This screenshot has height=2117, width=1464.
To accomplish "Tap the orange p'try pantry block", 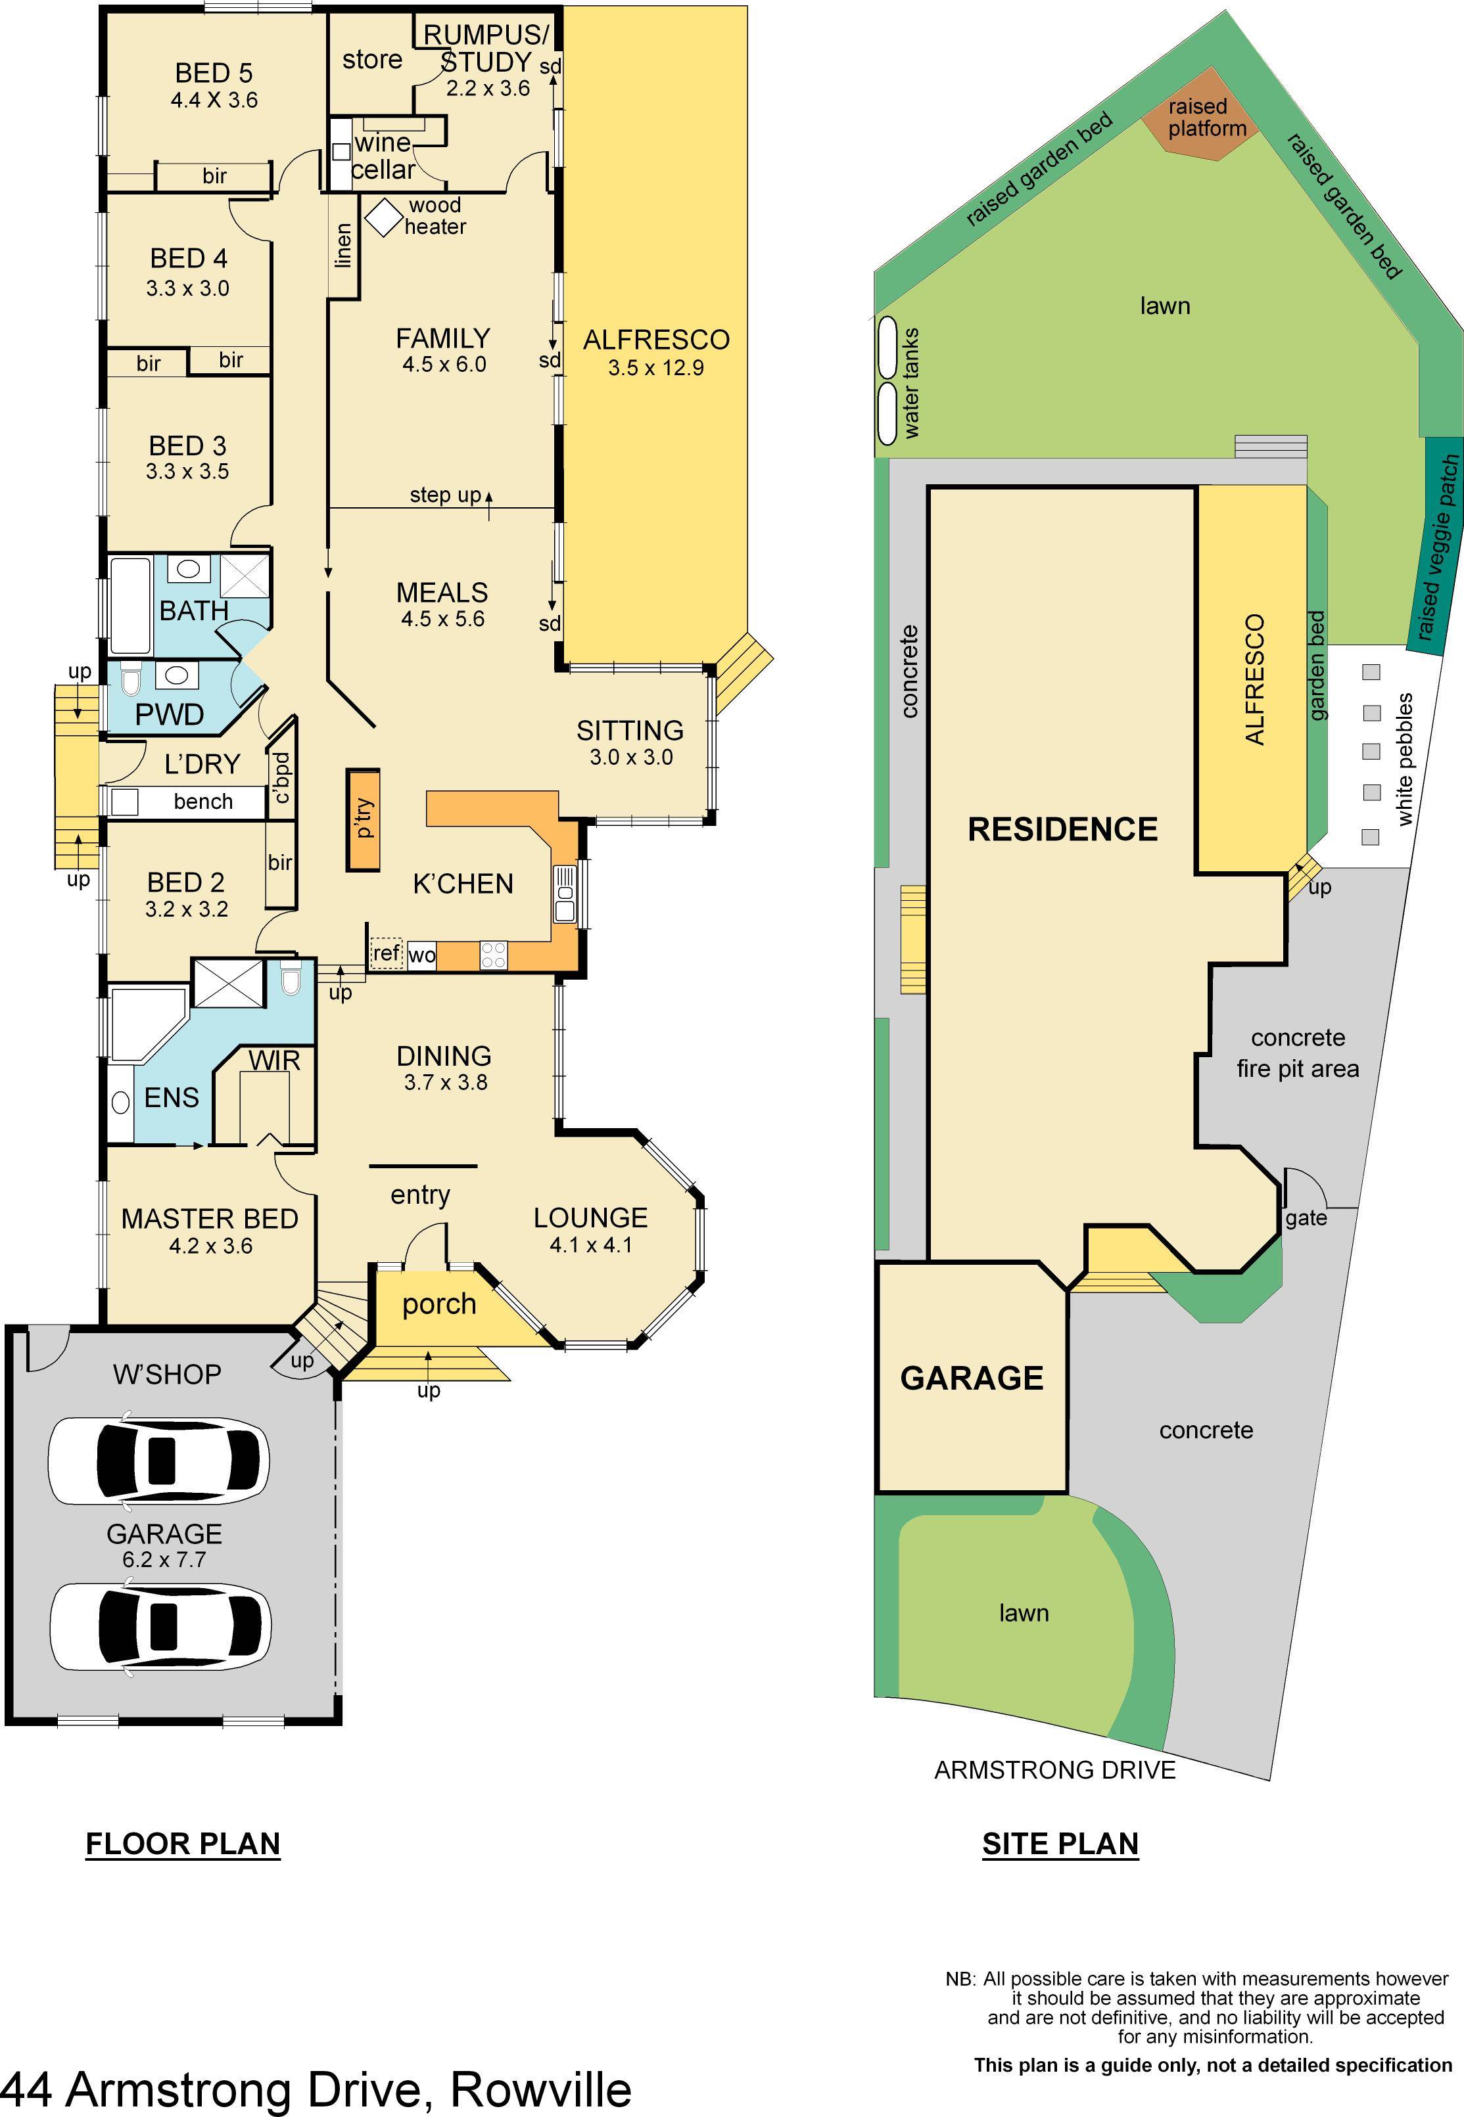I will coord(364,819).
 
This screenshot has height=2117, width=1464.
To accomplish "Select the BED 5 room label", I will coord(214,74).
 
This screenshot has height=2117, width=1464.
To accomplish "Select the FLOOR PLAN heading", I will coord(183,1843).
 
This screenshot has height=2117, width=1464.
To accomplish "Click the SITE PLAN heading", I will coord(1060,1843).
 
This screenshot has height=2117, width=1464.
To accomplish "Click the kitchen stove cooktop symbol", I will coord(494,955).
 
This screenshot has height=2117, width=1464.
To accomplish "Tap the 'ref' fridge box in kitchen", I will coord(386,953).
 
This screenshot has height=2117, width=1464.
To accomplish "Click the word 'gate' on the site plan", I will coord(1306,1218).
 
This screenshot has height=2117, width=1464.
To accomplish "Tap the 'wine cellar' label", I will coord(383,156).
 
